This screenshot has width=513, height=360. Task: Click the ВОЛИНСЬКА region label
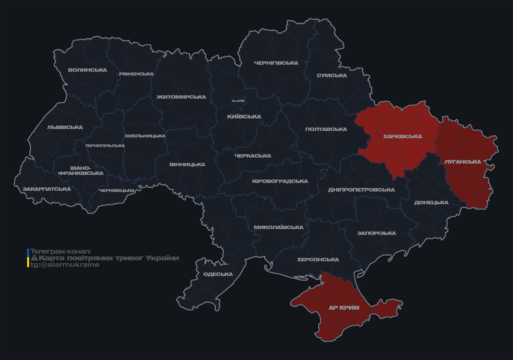click(87, 70)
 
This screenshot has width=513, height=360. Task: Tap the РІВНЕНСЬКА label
click(136, 74)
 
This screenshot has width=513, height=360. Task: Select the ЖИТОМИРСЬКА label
click(181, 97)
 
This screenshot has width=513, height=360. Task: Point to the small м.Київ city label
click(238, 101)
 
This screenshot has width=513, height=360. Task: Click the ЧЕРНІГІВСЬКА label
click(276, 63)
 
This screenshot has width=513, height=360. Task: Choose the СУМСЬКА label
click(332, 75)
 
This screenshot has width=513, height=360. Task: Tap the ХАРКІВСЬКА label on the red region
click(402, 136)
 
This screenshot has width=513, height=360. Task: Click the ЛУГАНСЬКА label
click(463, 162)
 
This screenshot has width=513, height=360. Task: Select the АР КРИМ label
click(344, 308)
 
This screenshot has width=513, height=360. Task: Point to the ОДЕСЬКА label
click(218, 274)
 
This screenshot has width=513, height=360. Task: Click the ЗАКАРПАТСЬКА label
click(47, 189)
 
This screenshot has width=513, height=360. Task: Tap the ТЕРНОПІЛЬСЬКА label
click(105, 146)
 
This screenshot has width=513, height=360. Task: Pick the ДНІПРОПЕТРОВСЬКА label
click(361, 190)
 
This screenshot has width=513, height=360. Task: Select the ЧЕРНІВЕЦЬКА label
click(117, 191)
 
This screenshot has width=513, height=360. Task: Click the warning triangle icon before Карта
click(34, 258)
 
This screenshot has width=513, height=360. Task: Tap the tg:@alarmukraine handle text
click(65, 265)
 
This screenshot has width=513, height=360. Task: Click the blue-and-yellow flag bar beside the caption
click(28, 258)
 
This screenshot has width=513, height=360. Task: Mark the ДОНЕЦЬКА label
click(431, 203)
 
